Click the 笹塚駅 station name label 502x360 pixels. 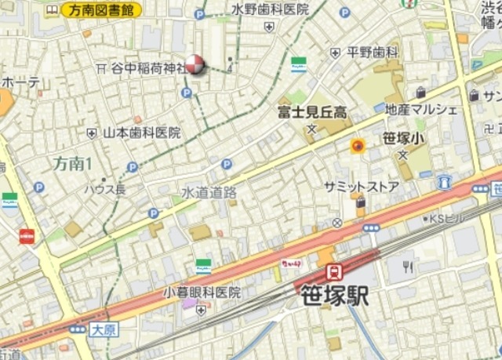pos(334,296)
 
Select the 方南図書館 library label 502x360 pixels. pos(102,10)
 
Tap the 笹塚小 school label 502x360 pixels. pos(403,139)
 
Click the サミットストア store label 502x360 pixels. pos(362,186)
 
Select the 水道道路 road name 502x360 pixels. pos(209,191)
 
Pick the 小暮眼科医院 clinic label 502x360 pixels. pos(202,292)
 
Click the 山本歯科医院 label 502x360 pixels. pos(142,133)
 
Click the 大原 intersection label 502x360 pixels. pos(103,329)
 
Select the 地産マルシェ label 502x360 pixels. pos(421,110)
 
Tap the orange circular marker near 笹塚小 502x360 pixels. pos(358,145)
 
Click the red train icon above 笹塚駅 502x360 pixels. pos(333,272)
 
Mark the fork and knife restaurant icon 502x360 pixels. pos(408,267)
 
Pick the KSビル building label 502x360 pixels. pos(449,218)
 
